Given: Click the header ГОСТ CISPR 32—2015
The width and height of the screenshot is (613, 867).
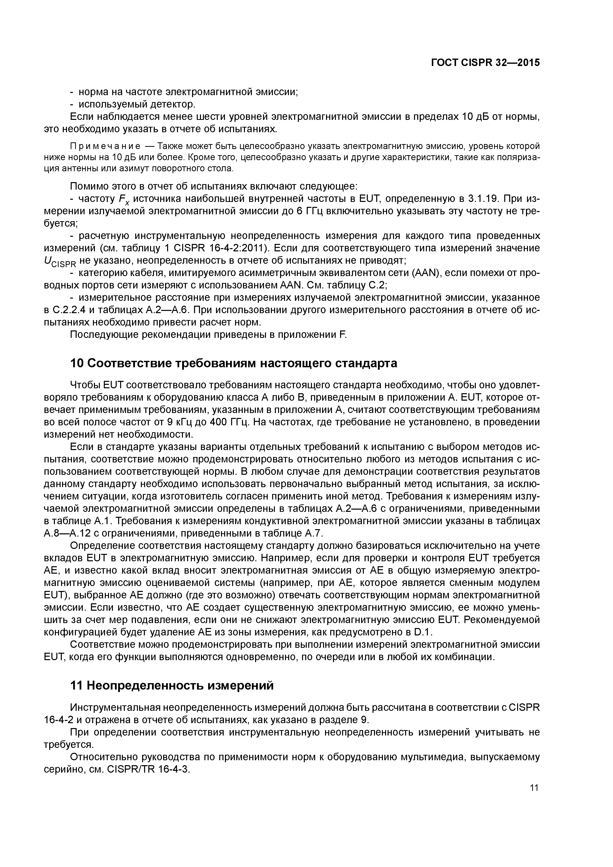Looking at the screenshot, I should [x=485, y=63].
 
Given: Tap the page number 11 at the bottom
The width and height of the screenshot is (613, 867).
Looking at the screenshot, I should [x=534, y=788].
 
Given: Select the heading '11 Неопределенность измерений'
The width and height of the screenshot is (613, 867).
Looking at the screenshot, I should [x=172, y=685].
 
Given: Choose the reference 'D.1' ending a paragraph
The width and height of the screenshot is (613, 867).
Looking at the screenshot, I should [x=423, y=632].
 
